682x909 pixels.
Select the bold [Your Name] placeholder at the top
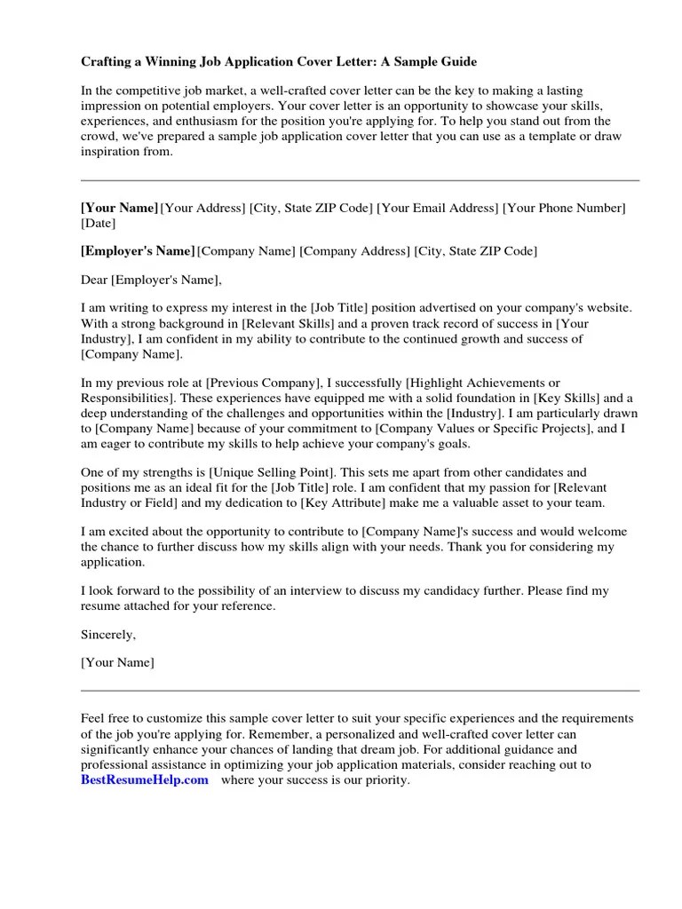[x=119, y=208]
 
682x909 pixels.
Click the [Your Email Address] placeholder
[x=438, y=208]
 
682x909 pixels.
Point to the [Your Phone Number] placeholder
[x=565, y=208]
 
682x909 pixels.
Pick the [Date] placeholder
[x=99, y=223]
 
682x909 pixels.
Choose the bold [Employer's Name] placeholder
[x=137, y=251]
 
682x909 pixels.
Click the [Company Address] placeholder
[x=355, y=251]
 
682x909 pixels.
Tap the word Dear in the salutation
[x=94, y=281]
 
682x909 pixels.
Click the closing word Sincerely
[x=108, y=635]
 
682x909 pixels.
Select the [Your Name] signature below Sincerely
[x=117, y=662]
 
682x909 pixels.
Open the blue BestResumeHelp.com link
[x=144, y=780]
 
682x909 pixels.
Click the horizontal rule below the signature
[x=360, y=690]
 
